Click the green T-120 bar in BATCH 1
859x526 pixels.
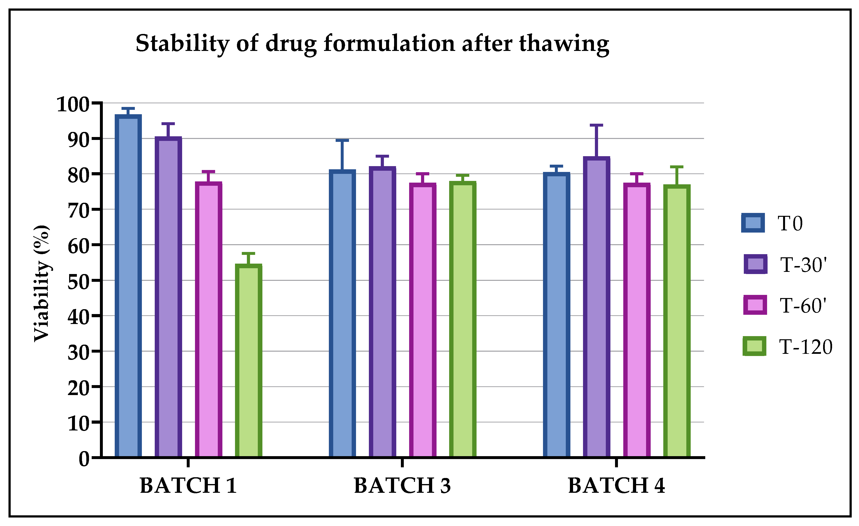point(249,361)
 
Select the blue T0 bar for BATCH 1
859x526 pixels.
point(128,286)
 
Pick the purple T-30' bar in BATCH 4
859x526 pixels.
point(597,307)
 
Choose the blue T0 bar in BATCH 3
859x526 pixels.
point(342,314)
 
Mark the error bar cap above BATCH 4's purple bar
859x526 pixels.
point(597,125)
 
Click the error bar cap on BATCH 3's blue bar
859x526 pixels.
point(342,140)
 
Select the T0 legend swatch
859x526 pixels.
point(753,223)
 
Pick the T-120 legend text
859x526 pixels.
point(806,347)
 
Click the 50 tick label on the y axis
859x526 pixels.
point(78,282)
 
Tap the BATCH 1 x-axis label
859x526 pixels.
point(188,486)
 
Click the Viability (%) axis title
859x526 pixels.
point(42,283)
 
